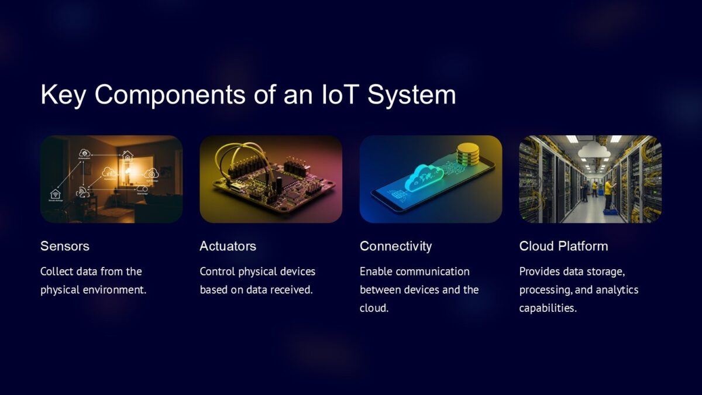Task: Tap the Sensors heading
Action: [65, 246]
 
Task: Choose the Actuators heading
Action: [228, 246]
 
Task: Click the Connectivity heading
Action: [395, 246]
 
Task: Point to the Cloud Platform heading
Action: [563, 246]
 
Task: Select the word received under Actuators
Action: [293, 290]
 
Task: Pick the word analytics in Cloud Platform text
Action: [620, 290]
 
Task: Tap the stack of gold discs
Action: [468, 154]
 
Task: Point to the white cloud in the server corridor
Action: [594, 152]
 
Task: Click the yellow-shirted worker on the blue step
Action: [608, 194]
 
